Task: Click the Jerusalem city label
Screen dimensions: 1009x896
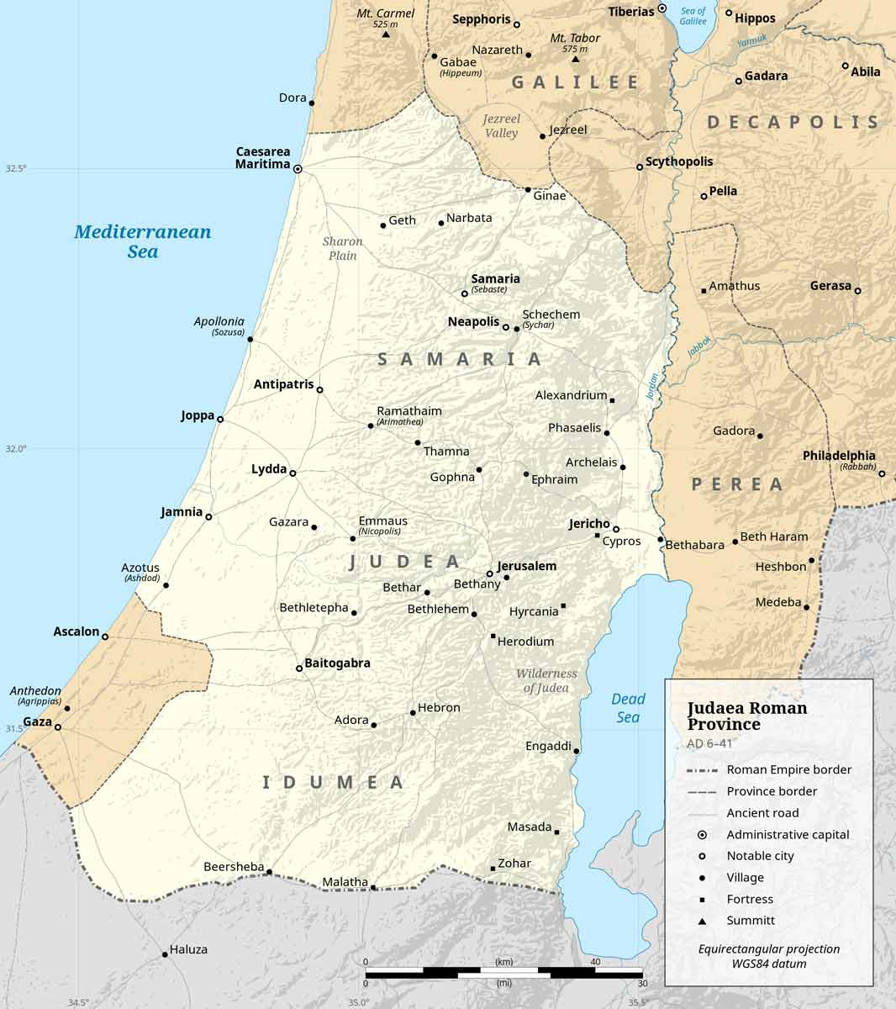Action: point(526,566)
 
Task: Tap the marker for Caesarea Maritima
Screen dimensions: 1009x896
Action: point(298,169)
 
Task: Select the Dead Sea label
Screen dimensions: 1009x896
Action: point(628,708)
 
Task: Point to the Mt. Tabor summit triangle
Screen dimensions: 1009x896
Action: point(576,59)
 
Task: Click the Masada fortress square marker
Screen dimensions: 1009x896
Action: point(556,832)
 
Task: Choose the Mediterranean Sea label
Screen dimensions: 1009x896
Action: point(142,241)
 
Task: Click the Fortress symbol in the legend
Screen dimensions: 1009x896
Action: point(702,899)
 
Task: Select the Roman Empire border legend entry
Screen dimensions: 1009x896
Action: point(788,769)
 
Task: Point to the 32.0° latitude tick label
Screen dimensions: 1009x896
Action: point(17,449)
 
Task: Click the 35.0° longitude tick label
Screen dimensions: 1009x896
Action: point(358,1002)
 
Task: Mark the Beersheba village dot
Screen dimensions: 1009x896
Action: point(269,872)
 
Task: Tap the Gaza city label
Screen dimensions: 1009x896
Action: point(36,721)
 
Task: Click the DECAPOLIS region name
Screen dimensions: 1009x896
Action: point(793,122)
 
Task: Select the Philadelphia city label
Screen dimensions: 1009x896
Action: point(838,456)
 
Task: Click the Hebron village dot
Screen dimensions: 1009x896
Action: point(413,713)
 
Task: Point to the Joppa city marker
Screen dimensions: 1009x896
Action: point(220,419)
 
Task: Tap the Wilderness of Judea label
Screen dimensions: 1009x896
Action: point(546,680)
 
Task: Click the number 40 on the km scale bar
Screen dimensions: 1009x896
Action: point(595,962)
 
